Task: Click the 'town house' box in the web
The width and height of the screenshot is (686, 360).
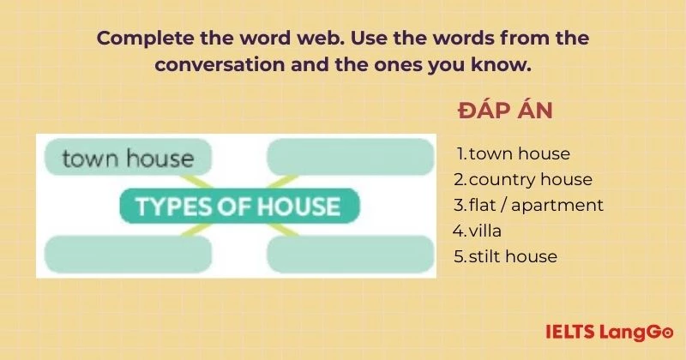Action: (x=128, y=158)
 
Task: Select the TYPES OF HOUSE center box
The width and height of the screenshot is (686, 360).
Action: (x=238, y=207)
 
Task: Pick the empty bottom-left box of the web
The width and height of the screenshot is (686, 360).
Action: (x=127, y=255)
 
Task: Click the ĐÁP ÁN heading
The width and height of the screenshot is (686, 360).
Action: (x=506, y=112)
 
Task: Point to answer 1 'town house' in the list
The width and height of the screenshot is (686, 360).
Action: (x=514, y=154)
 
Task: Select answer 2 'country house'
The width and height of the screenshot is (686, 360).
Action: (x=524, y=180)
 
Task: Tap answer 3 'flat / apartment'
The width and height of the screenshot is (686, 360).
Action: (x=529, y=206)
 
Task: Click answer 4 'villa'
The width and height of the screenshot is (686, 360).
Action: (x=481, y=231)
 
